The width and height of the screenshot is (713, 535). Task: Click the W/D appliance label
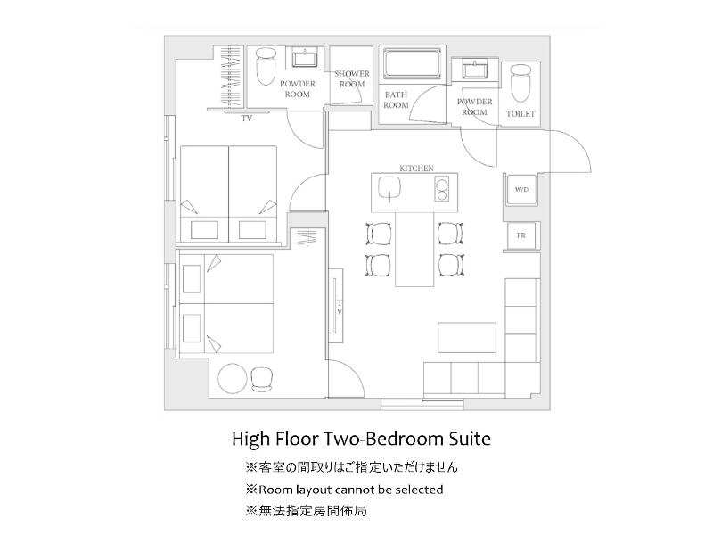[521, 189]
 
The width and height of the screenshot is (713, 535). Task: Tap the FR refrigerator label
[521, 235]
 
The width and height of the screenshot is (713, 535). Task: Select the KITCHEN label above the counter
[416, 169]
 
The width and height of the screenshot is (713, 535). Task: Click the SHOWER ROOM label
[352, 78]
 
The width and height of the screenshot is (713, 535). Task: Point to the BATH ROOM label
[396, 100]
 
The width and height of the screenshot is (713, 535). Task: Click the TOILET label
[520, 114]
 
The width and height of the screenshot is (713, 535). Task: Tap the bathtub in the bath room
[413, 63]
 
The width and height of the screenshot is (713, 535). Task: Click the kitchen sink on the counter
[389, 188]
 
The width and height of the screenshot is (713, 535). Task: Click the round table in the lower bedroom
[233, 378]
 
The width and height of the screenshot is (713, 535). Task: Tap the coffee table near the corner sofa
[467, 338]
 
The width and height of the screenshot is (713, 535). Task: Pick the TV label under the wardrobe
[247, 119]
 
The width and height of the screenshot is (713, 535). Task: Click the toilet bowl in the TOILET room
[520, 84]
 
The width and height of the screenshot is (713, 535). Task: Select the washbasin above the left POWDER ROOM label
[305, 59]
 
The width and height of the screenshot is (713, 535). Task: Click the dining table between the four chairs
[414, 250]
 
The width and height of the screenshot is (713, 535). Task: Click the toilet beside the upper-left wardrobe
[266, 68]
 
